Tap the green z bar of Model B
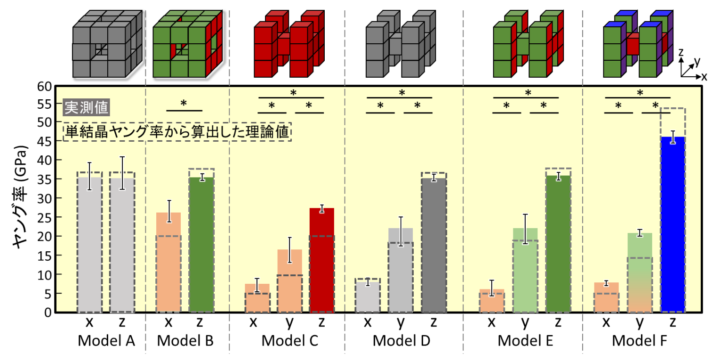(201, 245)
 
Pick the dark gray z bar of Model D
(434, 245)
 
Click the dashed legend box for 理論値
(177, 132)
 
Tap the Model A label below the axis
(107, 340)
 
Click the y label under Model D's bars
(401, 323)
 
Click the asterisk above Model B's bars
(184, 103)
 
